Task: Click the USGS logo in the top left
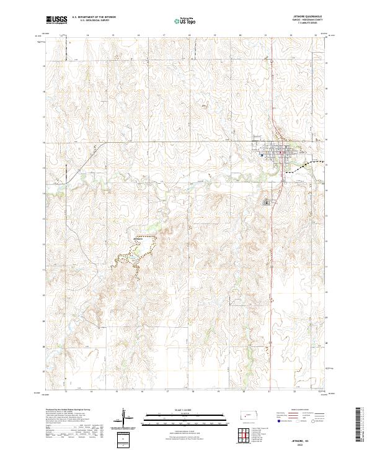[56, 19]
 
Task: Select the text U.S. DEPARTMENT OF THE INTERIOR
[94, 17]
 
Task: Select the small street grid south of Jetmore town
[267, 202]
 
